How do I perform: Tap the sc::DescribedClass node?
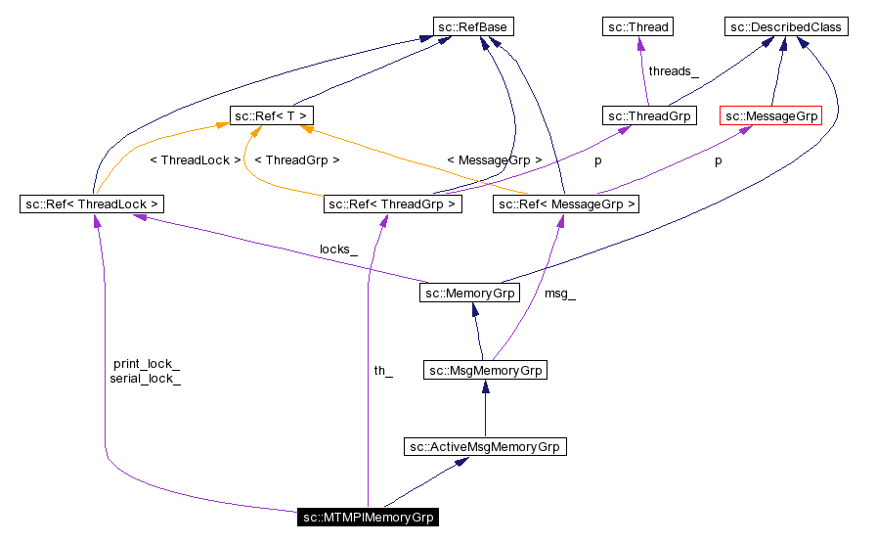point(785,27)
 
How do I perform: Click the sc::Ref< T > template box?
point(271,116)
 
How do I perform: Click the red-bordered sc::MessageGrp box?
point(770,116)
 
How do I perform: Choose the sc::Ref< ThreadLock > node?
point(92,204)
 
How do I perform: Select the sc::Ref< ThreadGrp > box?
point(392,204)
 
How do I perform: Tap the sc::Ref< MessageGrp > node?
point(567,204)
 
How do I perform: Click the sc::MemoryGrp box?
point(470,293)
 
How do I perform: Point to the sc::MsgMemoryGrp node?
point(485,371)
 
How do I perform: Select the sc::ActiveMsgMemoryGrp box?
point(485,447)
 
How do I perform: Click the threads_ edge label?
point(674,71)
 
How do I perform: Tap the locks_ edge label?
point(338,249)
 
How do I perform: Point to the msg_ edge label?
point(560,294)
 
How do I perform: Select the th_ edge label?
point(383,371)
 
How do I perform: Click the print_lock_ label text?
point(147,364)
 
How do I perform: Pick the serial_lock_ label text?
point(146,378)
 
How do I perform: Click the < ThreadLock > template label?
point(195,159)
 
